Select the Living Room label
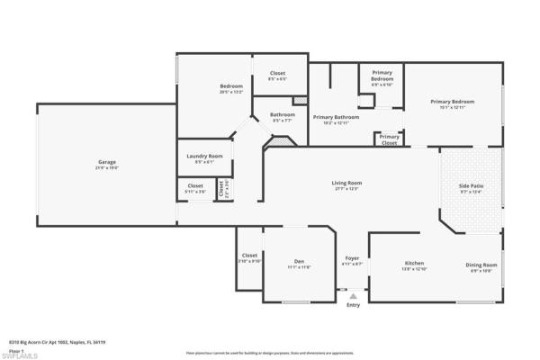tap(346, 184)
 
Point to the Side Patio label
tap(471, 187)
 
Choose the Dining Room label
tap(481, 266)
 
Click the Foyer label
tap(352, 261)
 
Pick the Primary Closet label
tap(389, 139)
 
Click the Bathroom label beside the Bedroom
tap(282, 116)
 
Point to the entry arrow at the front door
tap(353, 295)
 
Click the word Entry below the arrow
tap(353, 305)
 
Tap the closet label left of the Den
tap(249, 259)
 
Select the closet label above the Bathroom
tap(277, 76)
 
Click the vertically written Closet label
tap(221, 188)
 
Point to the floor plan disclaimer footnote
tap(270, 353)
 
